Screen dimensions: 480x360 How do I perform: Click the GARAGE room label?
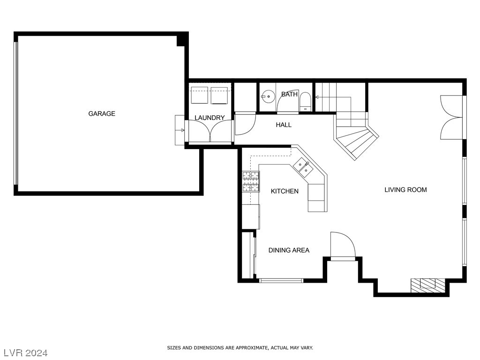(102, 113)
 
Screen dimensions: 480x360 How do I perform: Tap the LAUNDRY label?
(210, 118)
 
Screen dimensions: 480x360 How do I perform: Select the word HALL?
(284, 125)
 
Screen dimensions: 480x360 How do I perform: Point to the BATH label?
(289, 94)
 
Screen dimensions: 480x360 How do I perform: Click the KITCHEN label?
(285, 191)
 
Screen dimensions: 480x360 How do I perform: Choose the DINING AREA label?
(289, 250)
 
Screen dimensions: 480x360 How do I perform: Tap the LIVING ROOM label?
(405, 190)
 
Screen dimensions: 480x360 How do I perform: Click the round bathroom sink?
(268, 96)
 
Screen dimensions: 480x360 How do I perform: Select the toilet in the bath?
(305, 101)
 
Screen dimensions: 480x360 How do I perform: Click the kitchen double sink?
(303, 167)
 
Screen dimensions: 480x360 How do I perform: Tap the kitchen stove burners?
(251, 181)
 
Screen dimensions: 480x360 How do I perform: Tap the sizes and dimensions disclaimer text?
(240, 348)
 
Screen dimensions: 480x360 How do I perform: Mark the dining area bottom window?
(281, 280)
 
